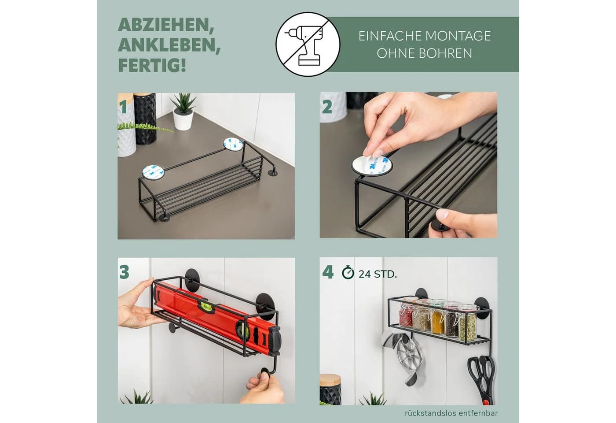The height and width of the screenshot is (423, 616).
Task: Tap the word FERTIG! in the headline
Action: (152, 66)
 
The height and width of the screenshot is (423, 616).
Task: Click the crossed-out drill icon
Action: (308, 44)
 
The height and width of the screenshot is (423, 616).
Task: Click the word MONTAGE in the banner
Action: (458, 36)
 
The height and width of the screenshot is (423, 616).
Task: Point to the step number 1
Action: (123, 107)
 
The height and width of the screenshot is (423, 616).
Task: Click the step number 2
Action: (327, 107)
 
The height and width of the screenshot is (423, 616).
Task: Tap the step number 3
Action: (124, 272)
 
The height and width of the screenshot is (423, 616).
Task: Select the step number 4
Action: (328, 272)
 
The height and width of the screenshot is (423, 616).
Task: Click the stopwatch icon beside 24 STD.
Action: (348, 273)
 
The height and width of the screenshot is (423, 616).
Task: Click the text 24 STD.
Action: (378, 274)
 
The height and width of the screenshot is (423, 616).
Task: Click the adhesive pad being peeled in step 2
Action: (372, 165)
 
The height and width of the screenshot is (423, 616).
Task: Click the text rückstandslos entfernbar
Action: (451, 413)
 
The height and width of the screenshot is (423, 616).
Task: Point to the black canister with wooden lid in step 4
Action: (330, 390)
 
